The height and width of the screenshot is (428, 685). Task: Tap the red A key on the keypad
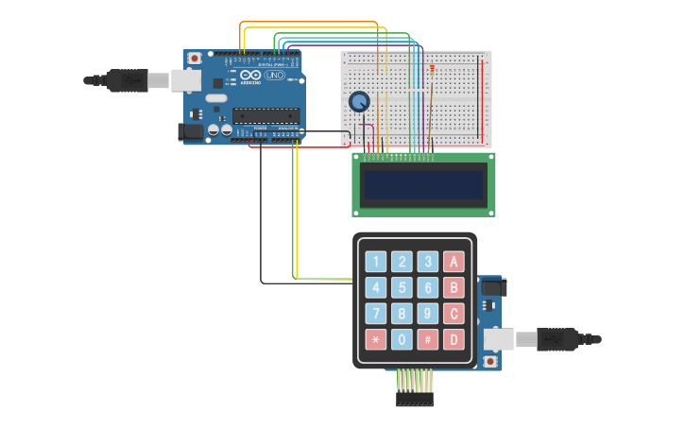454,262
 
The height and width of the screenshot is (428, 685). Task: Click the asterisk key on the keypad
376,339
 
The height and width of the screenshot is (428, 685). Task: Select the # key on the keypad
428,339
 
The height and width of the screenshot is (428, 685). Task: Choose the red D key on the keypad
454,339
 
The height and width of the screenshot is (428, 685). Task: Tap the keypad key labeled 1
376,262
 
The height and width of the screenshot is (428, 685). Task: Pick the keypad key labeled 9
428,314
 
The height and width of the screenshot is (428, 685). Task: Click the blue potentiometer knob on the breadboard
359,101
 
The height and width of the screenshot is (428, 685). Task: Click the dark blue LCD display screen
423,185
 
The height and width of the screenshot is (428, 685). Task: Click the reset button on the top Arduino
195,59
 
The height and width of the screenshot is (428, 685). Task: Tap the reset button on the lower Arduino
490,361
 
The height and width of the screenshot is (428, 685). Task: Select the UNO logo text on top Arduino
274,75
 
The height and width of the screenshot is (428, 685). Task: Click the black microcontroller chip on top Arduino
265,115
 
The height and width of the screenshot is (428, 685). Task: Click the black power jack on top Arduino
193,133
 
